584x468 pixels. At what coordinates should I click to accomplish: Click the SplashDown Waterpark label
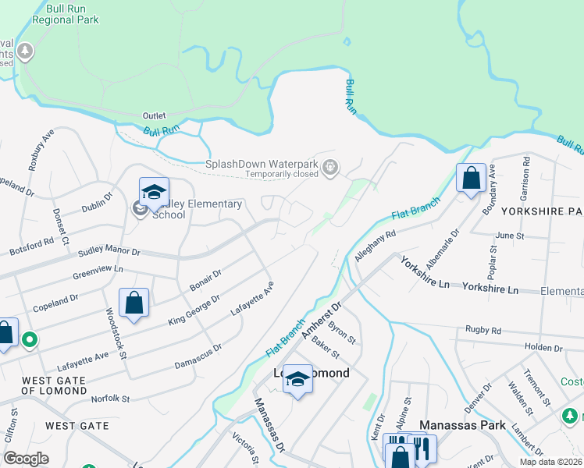263,164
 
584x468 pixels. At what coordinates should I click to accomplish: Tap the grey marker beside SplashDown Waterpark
331,165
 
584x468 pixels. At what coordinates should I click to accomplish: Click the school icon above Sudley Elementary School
154,191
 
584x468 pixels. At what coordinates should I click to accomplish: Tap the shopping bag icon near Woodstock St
134,301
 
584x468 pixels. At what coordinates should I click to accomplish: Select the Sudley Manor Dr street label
109,253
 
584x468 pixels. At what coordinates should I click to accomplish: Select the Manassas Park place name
462,426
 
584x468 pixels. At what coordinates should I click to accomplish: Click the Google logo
27,459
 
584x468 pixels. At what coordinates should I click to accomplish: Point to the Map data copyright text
550,462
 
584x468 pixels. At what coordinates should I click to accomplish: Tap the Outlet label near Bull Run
154,115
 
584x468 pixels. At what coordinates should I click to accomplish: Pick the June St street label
509,235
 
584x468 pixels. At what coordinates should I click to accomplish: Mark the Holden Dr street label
539,347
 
